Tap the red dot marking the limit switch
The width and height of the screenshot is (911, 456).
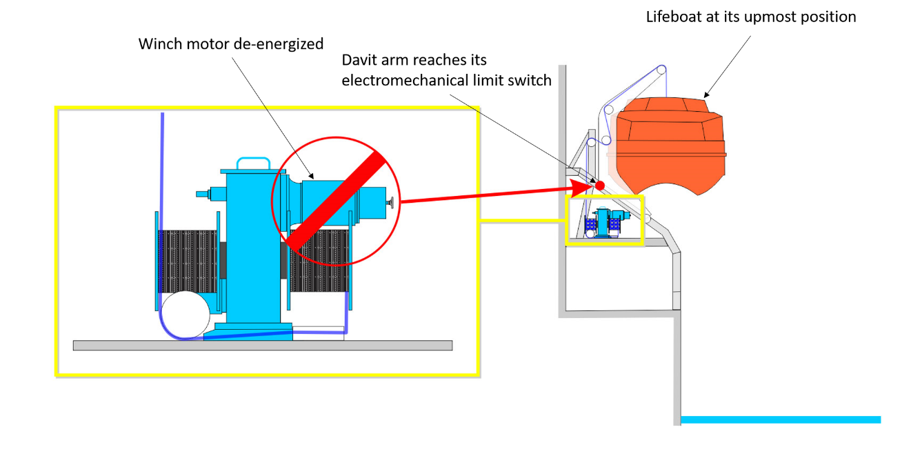tap(600, 186)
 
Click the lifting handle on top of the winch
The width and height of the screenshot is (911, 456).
tap(252, 163)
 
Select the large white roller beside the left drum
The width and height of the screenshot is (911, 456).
tap(184, 314)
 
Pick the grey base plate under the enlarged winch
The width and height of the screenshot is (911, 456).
tap(262, 345)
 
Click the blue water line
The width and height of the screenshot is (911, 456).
tap(779, 419)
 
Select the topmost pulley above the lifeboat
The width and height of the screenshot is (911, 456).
tap(661, 70)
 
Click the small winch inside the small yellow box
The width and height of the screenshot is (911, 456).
tap(605, 222)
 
